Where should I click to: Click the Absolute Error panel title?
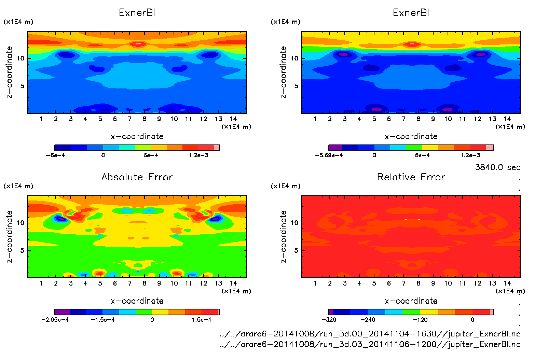[x=137, y=177]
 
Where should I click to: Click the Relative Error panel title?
[x=411, y=177]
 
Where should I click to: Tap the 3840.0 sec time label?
[x=497, y=167]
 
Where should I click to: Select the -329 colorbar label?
[x=329, y=320]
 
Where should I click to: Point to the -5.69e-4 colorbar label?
[x=329, y=155]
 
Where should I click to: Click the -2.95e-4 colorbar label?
[x=55, y=320]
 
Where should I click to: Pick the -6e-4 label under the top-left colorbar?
[x=55, y=155]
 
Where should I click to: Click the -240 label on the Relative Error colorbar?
[x=368, y=320]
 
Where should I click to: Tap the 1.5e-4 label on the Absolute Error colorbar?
[x=202, y=320]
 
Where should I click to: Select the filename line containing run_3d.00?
[x=370, y=334]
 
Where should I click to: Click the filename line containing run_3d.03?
[x=370, y=344]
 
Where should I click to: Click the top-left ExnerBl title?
[x=137, y=13]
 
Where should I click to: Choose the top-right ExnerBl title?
[x=411, y=13]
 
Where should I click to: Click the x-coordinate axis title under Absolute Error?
[x=137, y=301]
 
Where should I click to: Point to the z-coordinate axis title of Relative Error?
[x=283, y=236]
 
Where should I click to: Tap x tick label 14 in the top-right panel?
[x=507, y=119]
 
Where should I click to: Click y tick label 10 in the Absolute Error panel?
[x=21, y=223]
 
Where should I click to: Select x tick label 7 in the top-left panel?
[x=129, y=119]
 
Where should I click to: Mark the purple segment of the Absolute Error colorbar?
[x=62, y=312]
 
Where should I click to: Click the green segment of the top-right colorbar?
[x=414, y=148]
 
